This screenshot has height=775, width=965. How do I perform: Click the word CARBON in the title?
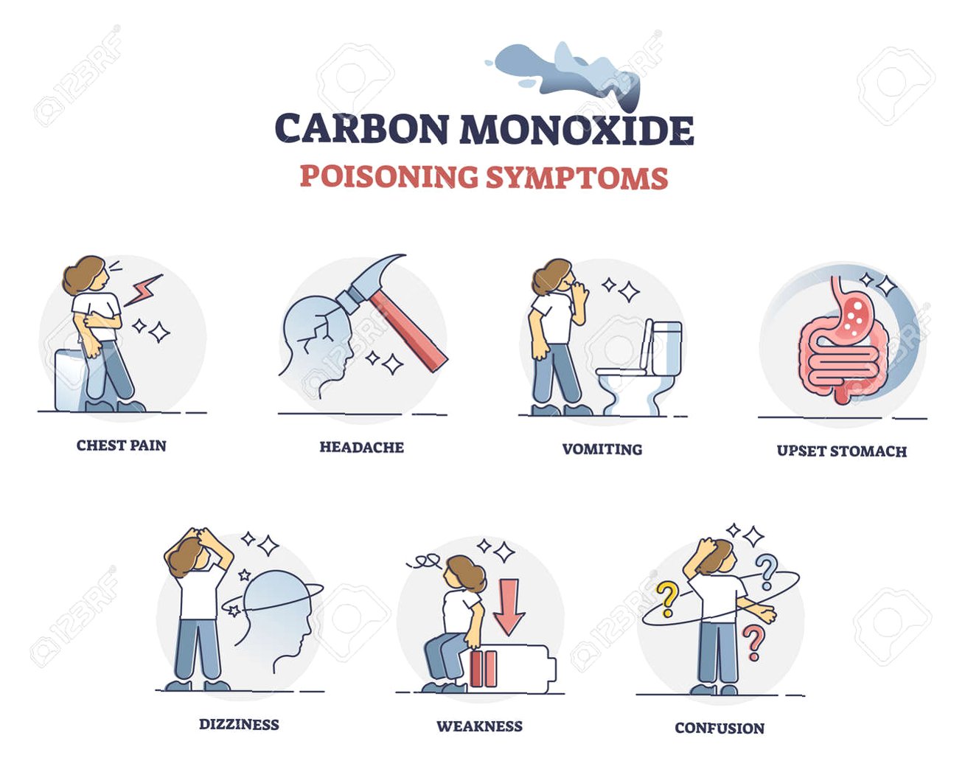362,129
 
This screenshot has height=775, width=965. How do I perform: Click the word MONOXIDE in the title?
576,130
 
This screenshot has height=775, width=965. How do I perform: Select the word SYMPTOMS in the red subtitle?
576,178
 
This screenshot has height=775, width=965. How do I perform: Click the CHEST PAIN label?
121,445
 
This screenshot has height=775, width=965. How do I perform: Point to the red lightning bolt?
143,291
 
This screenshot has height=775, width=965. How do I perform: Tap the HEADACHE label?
361,447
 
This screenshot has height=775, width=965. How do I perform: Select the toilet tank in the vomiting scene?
666,348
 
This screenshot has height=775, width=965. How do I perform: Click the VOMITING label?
602,449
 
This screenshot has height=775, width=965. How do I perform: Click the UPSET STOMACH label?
842,451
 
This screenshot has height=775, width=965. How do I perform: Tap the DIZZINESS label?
239,724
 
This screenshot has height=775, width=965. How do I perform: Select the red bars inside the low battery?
484,669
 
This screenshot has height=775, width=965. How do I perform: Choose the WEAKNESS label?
479,726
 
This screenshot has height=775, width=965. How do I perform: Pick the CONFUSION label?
720,728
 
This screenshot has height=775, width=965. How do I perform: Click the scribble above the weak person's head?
424,561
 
